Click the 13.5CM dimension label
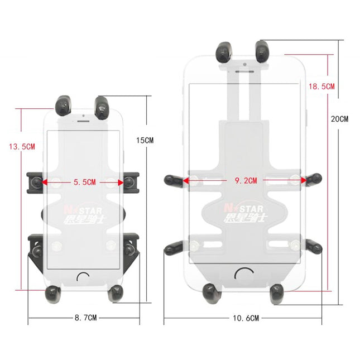[21, 147]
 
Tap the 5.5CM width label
[84, 182]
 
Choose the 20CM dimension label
[339, 119]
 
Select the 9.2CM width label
[245, 180]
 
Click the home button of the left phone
[84, 277]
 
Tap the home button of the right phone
[243, 274]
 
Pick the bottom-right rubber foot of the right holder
[277, 291]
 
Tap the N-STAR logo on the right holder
[243, 206]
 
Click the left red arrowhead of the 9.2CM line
[186, 180]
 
